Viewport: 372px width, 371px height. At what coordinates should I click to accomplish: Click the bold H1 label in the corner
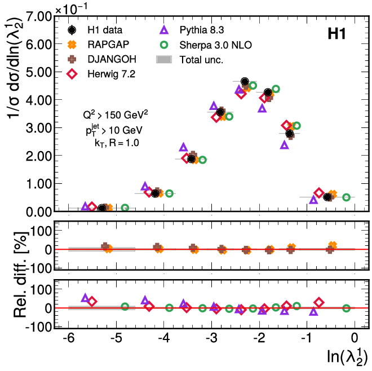336,35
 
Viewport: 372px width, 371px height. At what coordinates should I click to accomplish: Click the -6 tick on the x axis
68,339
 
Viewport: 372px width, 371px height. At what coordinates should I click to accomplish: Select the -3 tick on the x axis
211,339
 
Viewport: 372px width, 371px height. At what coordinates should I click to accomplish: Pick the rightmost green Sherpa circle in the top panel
347,197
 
